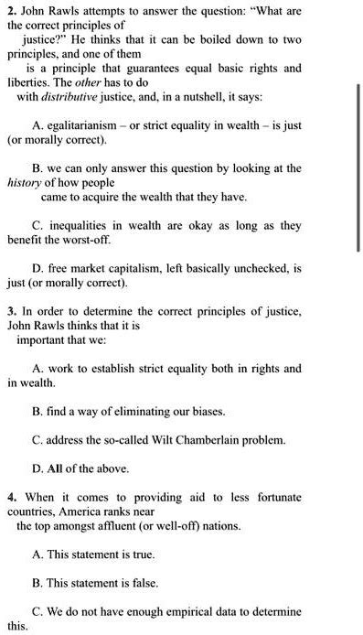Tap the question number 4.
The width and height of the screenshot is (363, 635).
click(10, 496)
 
